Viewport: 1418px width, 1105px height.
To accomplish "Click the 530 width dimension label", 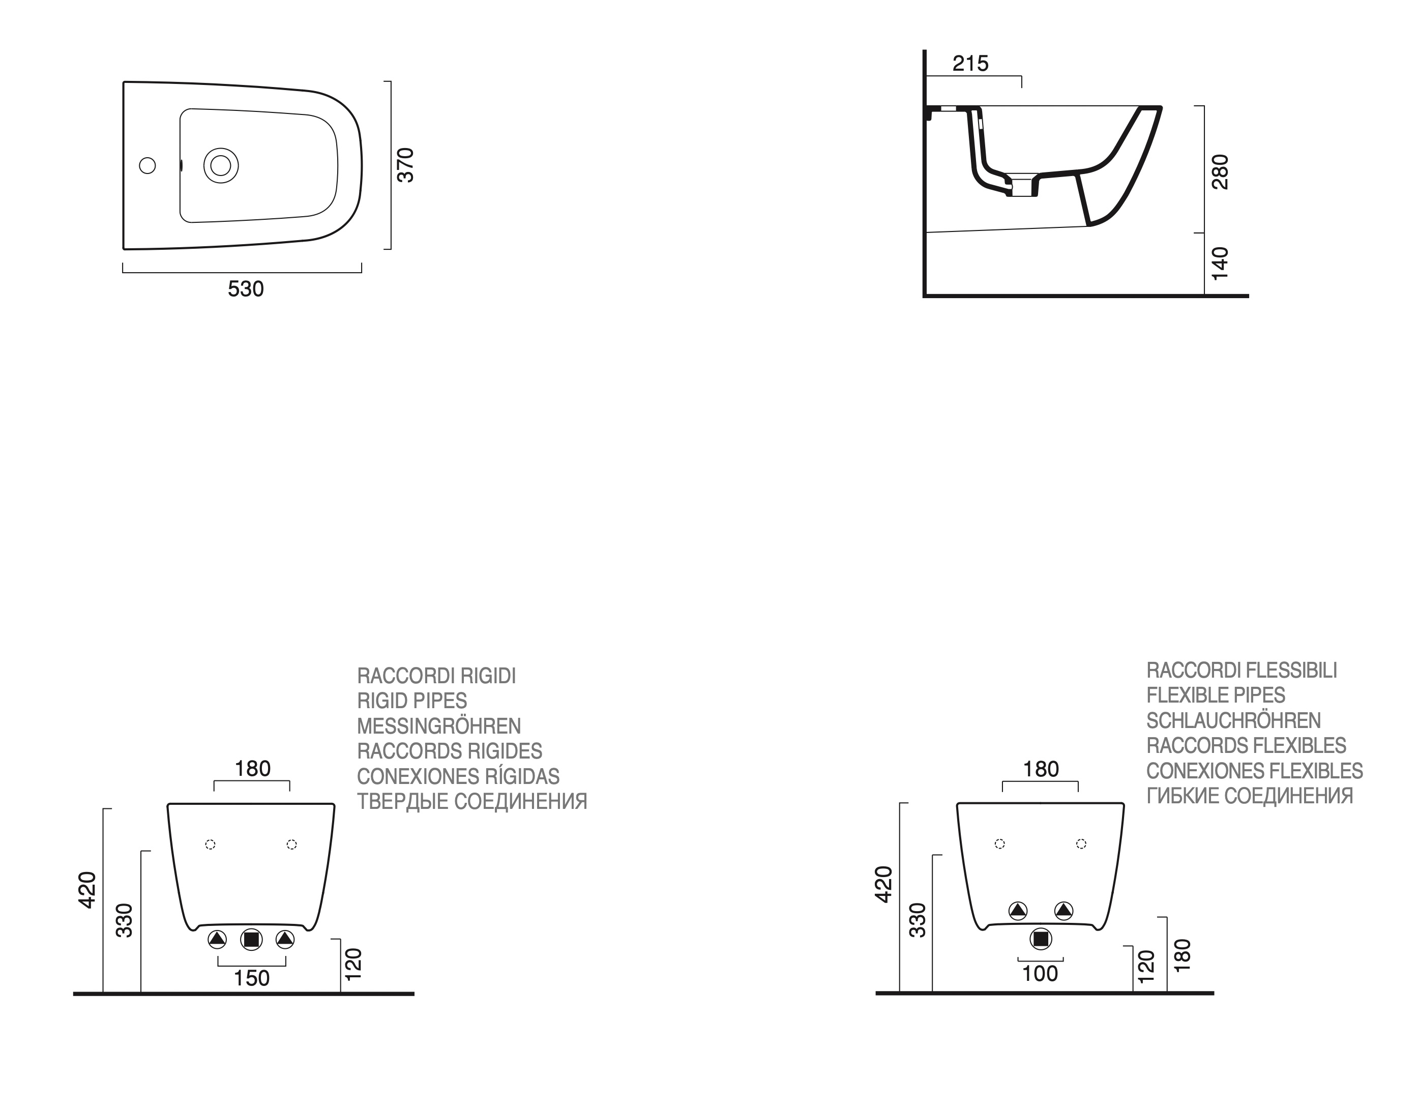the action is [246, 288].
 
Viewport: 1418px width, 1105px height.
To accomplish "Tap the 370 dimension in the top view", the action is [405, 165].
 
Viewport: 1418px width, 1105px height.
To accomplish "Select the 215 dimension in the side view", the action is [970, 63].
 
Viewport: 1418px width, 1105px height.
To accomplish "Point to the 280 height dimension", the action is [1221, 171].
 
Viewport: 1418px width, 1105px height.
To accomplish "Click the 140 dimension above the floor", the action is [1221, 263].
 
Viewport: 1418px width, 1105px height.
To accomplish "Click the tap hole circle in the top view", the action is [147, 166].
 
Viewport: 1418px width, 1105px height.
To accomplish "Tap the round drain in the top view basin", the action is [221, 166].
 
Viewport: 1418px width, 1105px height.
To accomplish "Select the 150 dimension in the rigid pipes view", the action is [251, 978].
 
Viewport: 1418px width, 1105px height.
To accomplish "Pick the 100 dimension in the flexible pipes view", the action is [1040, 973].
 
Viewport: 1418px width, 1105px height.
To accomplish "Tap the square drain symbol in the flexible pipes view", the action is [1041, 939].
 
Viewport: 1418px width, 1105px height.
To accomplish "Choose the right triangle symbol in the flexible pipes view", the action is [1063, 911].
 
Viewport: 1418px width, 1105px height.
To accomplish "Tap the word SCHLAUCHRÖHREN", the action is [1233, 720].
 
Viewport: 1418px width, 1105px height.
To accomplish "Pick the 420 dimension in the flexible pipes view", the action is [883, 884].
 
